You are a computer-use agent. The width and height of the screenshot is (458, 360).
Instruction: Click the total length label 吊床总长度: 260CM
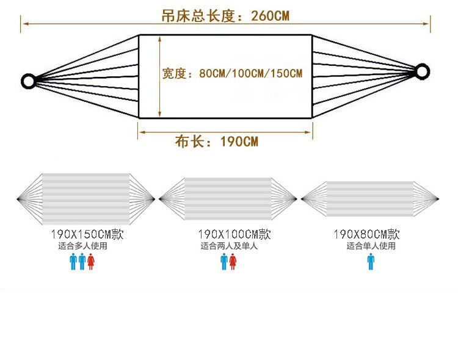(225, 16)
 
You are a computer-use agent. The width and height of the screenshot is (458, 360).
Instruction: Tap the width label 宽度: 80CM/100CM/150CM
(232, 74)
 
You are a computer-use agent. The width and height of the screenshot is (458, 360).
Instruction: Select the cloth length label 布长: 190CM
(217, 142)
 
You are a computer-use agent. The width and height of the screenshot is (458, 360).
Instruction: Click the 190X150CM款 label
(87, 234)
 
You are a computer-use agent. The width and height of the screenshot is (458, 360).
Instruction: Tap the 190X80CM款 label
(366, 234)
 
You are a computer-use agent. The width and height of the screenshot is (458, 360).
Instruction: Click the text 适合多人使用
(82, 246)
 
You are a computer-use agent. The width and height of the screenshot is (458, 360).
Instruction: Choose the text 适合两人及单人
(229, 246)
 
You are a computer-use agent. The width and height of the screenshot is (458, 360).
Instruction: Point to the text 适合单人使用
(371, 246)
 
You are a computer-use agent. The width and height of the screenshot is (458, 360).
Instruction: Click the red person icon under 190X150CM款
(91, 262)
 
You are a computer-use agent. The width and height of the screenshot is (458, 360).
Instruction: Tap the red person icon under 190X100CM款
(233, 262)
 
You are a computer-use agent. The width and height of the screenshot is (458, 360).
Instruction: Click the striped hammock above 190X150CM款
(86, 198)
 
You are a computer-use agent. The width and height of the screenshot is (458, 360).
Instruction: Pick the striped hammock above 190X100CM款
(228, 199)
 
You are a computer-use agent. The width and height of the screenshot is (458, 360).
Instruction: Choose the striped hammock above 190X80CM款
(370, 199)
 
